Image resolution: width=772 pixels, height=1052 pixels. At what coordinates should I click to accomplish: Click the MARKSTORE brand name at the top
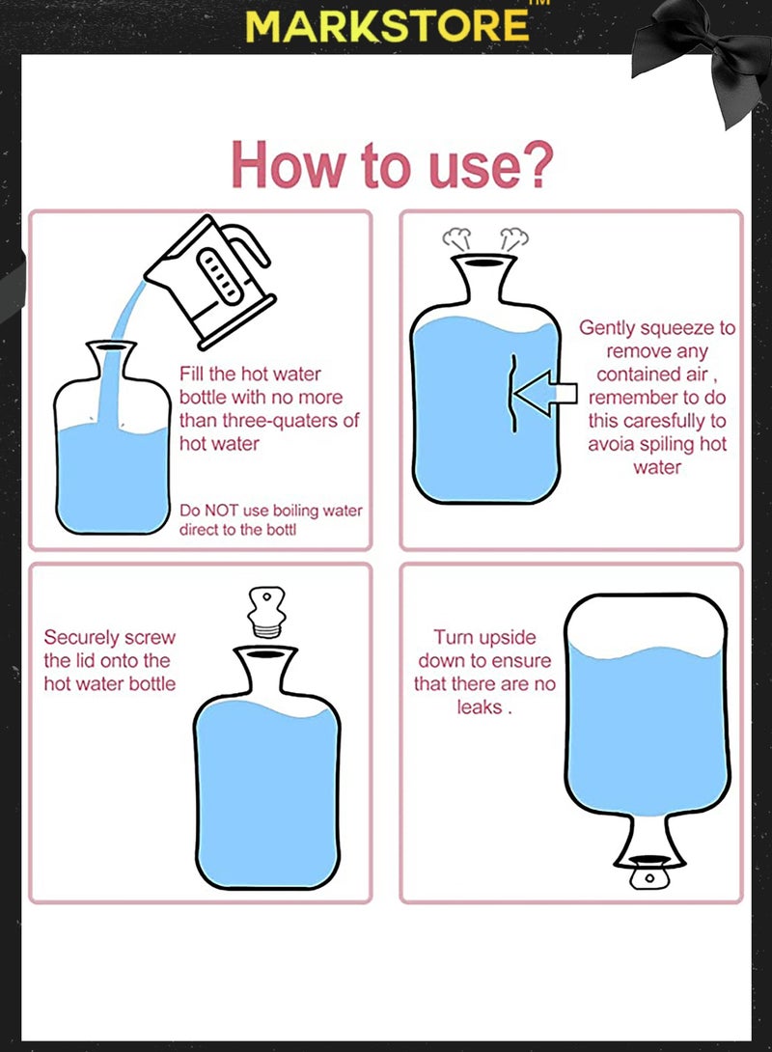(x=387, y=26)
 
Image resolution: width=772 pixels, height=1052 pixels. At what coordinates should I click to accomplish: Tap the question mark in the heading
(x=536, y=164)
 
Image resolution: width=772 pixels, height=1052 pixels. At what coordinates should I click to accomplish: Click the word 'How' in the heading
(x=287, y=165)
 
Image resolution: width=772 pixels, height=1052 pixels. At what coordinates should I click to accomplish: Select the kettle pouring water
(x=211, y=281)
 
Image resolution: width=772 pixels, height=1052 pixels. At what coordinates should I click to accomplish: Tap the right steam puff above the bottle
(x=513, y=239)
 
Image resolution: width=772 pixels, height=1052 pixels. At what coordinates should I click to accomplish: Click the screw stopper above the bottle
(x=266, y=612)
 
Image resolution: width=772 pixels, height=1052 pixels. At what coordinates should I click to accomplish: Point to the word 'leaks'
(x=480, y=707)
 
